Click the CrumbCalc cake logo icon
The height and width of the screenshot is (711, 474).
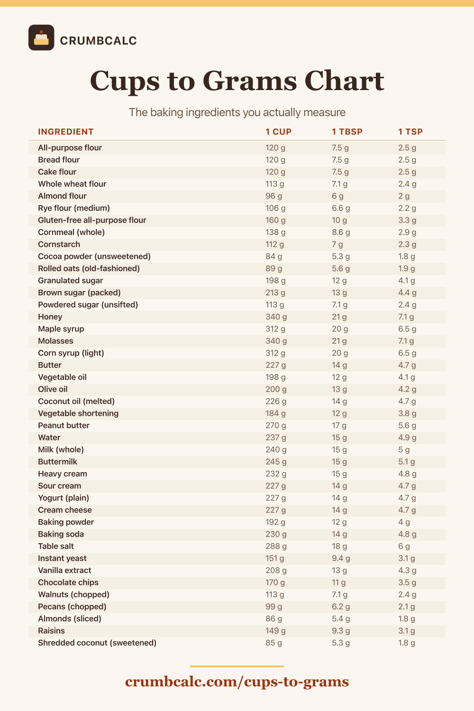coord(41,37)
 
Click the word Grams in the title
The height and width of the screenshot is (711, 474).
coord(250,81)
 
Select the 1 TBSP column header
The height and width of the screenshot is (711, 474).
coord(347,132)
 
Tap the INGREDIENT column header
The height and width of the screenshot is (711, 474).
coord(66,132)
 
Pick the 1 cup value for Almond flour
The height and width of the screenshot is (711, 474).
coord(273,196)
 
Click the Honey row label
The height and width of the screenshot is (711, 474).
coord(50,317)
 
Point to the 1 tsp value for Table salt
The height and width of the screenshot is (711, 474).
coord(404,546)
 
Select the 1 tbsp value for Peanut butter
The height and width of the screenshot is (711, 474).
coord(339,425)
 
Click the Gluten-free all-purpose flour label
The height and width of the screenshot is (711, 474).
coord(92,220)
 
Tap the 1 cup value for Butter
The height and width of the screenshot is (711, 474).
coord(275,365)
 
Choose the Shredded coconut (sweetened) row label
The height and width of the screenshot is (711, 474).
coord(97,643)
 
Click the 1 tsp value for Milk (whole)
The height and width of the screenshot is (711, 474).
coord(404,450)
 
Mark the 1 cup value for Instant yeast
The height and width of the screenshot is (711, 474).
coord(274,558)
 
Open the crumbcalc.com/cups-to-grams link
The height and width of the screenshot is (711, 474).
coord(237,682)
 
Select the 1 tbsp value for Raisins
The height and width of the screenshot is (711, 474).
coord(341,631)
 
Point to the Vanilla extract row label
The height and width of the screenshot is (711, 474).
coord(64,570)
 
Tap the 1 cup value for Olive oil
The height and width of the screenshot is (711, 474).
coord(276,389)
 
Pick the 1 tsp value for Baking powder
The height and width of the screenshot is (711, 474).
coord(404,522)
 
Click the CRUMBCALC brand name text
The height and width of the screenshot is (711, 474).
coord(99,41)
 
